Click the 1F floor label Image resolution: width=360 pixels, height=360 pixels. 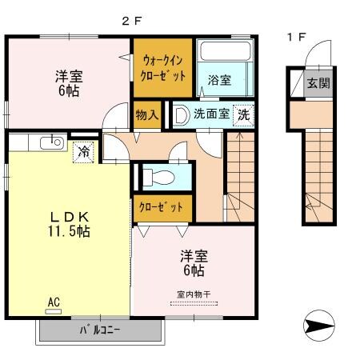(x=295, y=36)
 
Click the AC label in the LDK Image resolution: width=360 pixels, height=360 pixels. (x=54, y=302)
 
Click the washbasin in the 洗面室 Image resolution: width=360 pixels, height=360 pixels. (x=182, y=114)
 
